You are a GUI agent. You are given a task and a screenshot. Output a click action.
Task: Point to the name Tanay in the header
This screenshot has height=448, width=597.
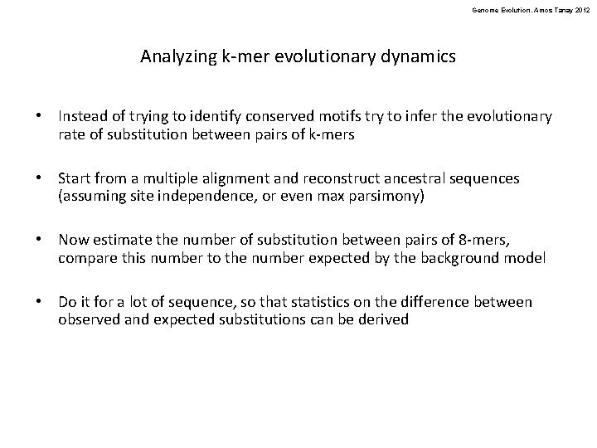point(559,7)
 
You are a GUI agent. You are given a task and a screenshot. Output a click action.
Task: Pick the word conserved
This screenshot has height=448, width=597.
point(261,117)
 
